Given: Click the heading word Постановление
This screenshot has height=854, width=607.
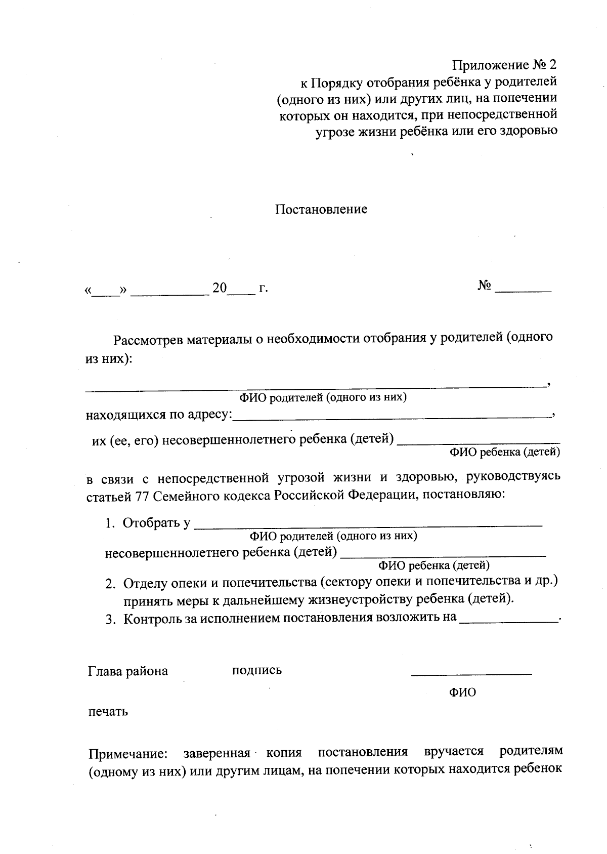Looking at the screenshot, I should click(x=321, y=209).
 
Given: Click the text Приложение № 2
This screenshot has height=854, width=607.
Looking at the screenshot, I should click(x=504, y=65).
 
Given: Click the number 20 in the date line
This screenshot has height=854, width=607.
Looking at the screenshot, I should click(x=220, y=288).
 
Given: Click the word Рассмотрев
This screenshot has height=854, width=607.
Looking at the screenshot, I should click(x=148, y=339).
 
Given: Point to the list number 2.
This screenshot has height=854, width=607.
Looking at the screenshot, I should click(x=110, y=584).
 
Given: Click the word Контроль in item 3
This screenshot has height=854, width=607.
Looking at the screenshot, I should click(x=149, y=619).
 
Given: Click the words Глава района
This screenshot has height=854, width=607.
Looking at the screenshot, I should click(x=128, y=671).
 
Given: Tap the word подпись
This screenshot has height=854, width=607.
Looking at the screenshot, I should click(x=256, y=670).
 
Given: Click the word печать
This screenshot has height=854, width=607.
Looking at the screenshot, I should click(x=108, y=711).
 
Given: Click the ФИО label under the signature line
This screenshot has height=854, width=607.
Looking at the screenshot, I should click(x=462, y=692).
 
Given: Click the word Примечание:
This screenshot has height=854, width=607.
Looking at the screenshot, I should click(x=128, y=754).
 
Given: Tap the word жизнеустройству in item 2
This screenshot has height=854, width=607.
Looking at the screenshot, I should click(x=363, y=600).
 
